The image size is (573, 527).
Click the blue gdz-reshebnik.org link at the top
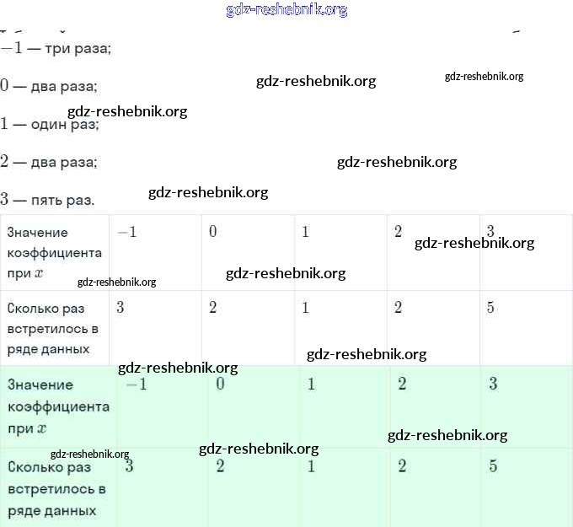[286, 10]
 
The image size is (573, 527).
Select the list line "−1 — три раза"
[56, 48]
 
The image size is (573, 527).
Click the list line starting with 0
[49, 86]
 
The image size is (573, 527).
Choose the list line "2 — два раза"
[49, 162]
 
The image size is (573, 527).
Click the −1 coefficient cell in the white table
[155, 251]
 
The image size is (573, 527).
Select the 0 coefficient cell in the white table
[248, 251]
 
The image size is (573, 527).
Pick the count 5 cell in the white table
[526, 327]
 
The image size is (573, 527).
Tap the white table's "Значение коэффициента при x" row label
[55, 252]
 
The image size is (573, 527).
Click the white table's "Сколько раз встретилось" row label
[53, 328]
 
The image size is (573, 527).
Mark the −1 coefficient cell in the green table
[162, 406]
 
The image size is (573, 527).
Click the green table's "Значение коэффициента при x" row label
[58, 406]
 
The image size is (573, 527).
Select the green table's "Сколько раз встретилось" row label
[56, 488]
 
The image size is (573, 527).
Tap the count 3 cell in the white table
[155, 327]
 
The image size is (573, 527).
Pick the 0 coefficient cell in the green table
[254, 406]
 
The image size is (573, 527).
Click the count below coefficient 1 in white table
[340, 327]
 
